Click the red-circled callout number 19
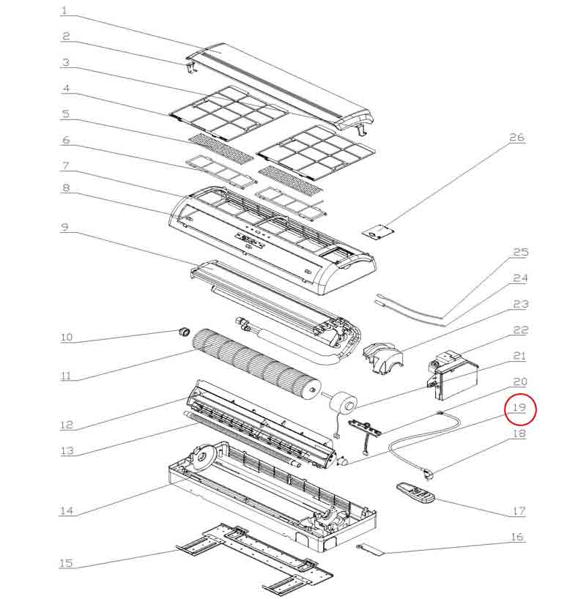click(x=519, y=408)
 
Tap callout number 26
click(x=517, y=137)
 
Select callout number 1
click(x=64, y=10)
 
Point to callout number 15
click(x=66, y=562)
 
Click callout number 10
click(x=67, y=337)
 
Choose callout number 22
click(x=520, y=330)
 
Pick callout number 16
click(x=517, y=537)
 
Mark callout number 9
click(x=64, y=227)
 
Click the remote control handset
click(x=415, y=493)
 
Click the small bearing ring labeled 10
click(x=185, y=332)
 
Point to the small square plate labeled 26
click(x=379, y=231)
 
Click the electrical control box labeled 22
click(x=453, y=376)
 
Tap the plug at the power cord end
click(x=427, y=475)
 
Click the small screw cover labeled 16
click(x=370, y=550)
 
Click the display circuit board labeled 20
click(x=365, y=428)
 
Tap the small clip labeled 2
click(x=192, y=67)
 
